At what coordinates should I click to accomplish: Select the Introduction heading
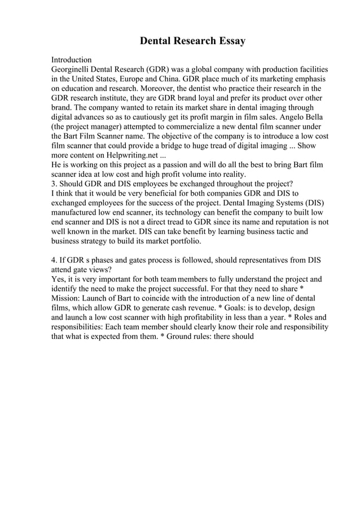coord(72,59)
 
